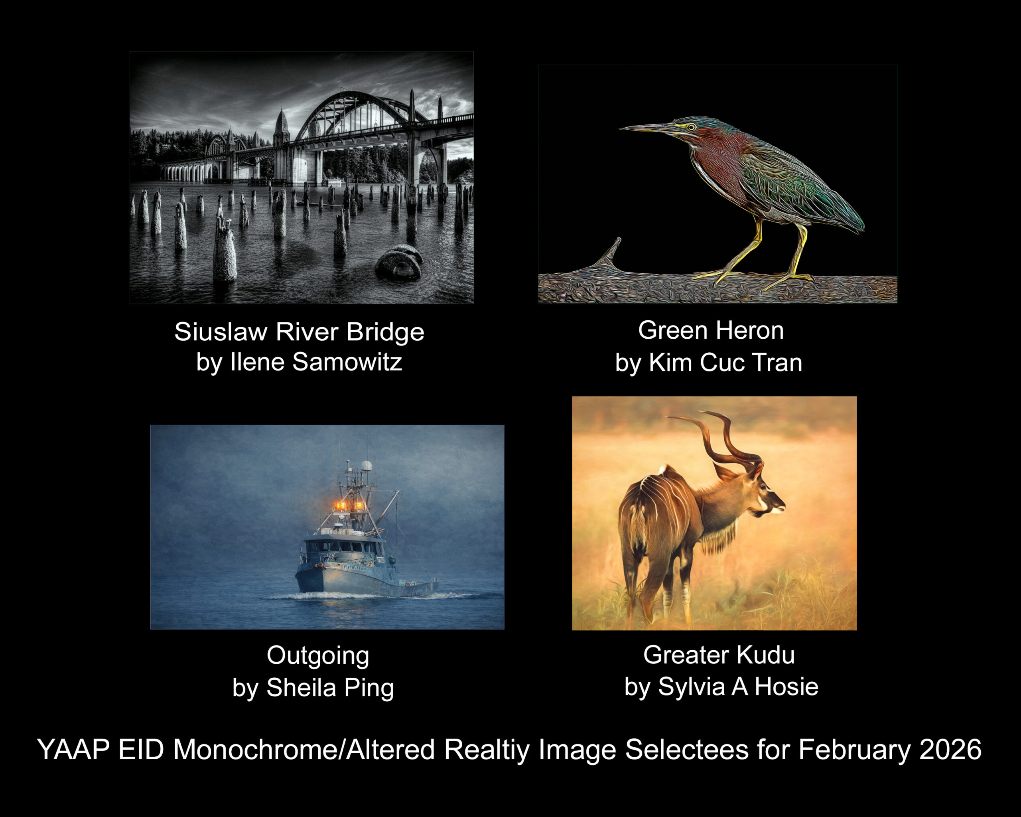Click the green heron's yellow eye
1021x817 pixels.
tap(692, 127)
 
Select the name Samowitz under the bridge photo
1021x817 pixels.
tap(347, 362)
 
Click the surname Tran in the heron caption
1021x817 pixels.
tap(777, 362)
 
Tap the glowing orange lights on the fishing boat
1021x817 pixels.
tap(349, 506)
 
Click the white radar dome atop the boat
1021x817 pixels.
tap(366, 465)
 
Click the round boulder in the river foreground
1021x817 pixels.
tap(399, 264)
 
